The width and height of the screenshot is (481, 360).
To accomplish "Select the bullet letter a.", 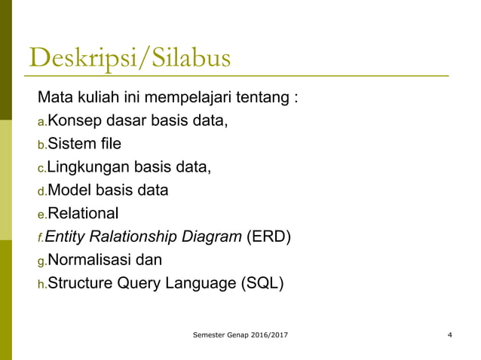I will click(42, 121).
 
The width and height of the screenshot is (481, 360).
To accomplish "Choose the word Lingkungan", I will click(90, 167).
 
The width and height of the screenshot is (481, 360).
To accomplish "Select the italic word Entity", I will click(66, 237).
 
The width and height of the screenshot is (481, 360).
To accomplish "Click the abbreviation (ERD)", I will click(269, 237).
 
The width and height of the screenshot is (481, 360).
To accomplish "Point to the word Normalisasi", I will click(91, 261).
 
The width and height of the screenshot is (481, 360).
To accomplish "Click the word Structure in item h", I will click(81, 284).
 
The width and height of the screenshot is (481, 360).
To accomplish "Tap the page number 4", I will click(449, 334).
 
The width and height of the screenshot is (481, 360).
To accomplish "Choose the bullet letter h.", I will click(42, 285).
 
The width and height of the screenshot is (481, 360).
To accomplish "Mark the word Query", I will click(141, 284).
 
